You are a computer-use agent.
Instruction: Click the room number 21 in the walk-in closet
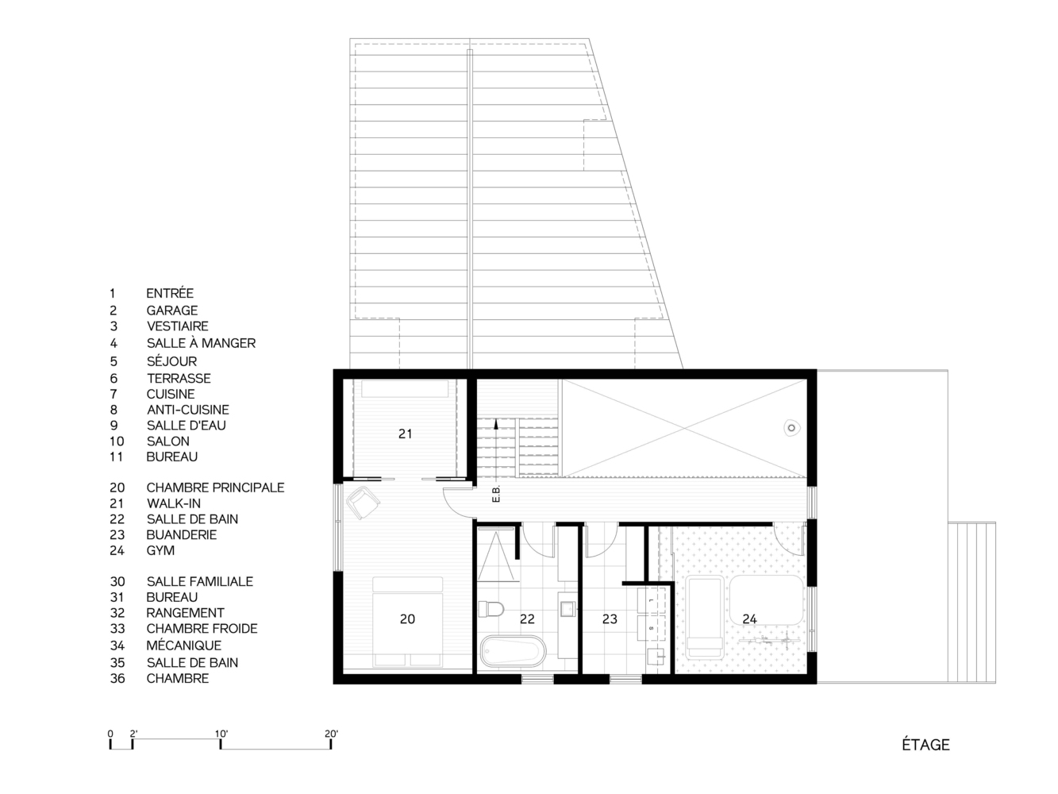coord(406,434)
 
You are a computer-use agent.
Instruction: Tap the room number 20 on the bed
coord(407,619)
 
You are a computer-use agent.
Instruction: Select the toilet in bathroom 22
coord(491,609)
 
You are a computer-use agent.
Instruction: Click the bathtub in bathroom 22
coord(513,651)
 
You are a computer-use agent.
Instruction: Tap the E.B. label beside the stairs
coord(496,494)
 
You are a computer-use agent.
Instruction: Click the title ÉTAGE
coord(925,745)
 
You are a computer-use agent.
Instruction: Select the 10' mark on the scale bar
coord(221,744)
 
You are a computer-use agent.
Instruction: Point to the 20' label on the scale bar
coord(331,734)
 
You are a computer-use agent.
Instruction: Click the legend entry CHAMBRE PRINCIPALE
coord(215,488)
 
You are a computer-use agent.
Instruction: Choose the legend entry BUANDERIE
coord(182,534)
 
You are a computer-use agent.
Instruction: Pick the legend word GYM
coord(160,550)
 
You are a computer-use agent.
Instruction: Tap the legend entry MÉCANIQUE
coord(184,645)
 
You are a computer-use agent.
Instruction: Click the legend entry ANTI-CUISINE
coord(188,409)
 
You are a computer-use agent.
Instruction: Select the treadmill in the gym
coord(705,617)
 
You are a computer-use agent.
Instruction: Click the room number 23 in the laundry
coord(610,619)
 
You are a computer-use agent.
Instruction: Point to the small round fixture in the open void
coord(791,428)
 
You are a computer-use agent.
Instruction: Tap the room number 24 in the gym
coord(749,619)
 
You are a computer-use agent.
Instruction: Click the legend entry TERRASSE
coord(179,378)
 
